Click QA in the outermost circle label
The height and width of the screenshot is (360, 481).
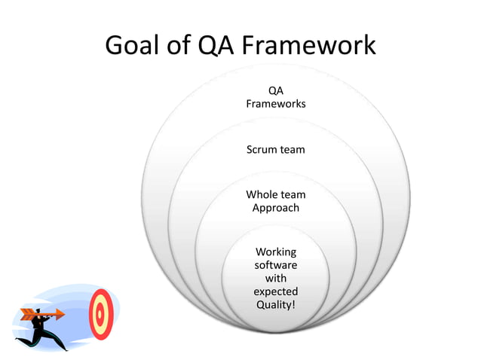coord(276,91)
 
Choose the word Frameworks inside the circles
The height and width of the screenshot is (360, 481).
coord(276,104)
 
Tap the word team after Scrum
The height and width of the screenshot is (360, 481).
coord(293,149)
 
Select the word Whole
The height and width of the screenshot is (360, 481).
coord(262,194)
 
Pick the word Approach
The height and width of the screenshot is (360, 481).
coord(276,207)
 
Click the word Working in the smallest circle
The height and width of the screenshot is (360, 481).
coord(276,252)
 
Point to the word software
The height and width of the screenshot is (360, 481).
coord(276,265)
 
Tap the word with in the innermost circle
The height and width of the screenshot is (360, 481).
coord(276,278)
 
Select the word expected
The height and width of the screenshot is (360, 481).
coord(276,291)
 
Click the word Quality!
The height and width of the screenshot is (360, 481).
coord(276,304)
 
